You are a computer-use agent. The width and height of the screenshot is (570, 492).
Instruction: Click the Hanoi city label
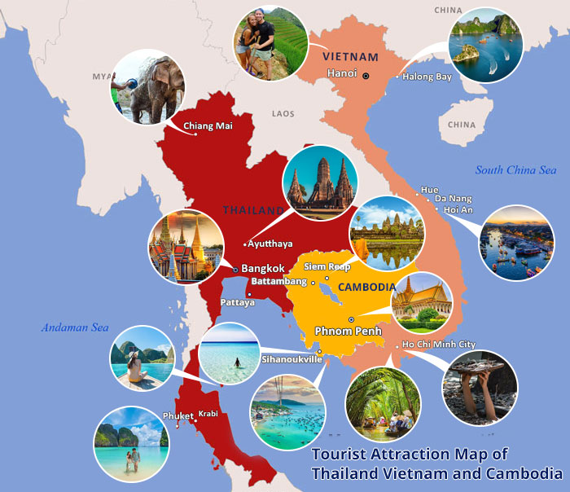[x=341, y=74]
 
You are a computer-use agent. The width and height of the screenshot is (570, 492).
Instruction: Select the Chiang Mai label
[x=208, y=125]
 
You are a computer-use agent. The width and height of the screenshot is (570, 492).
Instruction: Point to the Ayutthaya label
[x=273, y=244]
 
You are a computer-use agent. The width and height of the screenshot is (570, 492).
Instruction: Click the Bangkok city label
[x=263, y=268]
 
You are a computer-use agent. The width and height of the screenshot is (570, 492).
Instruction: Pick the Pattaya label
[x=237, y=302]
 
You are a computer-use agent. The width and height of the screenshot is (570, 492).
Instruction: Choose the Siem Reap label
[x=327, y=266]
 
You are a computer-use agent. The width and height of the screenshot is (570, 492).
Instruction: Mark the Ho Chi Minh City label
[x=439, y=345]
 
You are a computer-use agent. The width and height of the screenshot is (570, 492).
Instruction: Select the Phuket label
[x=178, y=416]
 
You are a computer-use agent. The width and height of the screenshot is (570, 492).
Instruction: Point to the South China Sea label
[x=515, y=170]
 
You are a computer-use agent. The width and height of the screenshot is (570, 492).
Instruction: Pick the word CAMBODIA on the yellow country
[x=366, y=288]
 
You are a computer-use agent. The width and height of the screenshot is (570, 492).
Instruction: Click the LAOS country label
[x=283, y=114]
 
